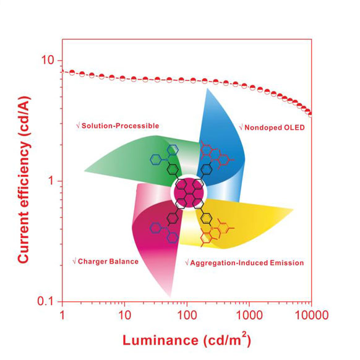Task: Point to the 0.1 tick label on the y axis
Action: pos(45,301)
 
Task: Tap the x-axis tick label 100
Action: pos(187,315)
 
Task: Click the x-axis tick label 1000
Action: pos(249,315)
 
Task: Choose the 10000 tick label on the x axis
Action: pos(312,315)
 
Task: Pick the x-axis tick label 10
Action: pos(125,315)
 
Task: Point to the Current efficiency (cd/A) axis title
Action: pos(24,180)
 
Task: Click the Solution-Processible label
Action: pos(118,126)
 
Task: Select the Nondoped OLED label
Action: pos(272,127)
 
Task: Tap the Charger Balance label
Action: pos(105,262)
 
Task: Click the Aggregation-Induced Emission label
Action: pos(244,263)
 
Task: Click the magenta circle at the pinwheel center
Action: pos(189,192)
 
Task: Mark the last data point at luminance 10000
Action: pos(311,114)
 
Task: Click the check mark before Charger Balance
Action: pos(74,261)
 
